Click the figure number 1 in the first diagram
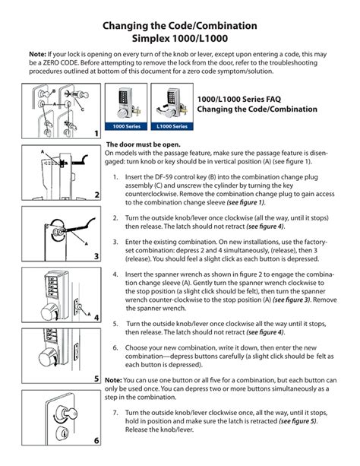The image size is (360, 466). [x=96, y=134]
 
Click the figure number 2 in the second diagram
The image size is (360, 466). [x=96, y=195]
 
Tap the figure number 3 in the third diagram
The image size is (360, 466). [x=96, y=256]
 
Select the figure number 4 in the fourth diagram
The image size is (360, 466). [x=96, y=318]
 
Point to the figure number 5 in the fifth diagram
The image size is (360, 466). [x=96, y=379]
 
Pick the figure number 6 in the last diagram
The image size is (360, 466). [x=96, y=440]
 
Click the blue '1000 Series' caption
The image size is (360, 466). [x=126, y=126]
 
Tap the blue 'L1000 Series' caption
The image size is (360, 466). [x=172, y=126]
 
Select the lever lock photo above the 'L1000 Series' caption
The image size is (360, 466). [x=172, y=103]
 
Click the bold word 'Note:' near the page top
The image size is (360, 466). [x=37, y=55]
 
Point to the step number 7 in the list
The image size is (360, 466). [x=115, y=413]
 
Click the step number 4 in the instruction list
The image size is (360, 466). [x=115, y=274]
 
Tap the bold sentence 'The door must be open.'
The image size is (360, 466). [x=144, y=144]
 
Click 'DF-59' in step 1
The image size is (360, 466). [x=163, y=177]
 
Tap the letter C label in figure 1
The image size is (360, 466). [x=83, y=109]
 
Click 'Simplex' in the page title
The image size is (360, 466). [x=151, y=39]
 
